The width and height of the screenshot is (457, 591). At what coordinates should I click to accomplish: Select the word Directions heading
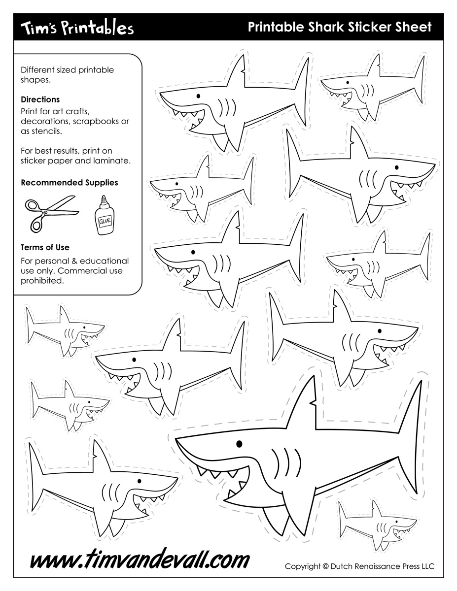[x=40, y=99]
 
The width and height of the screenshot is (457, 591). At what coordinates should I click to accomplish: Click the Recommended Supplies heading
[x=70, y=182]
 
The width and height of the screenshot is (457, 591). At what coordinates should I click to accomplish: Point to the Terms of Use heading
[x=45, y=247]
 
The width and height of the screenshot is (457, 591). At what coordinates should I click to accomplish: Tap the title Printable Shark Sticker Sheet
[x=339, y=27]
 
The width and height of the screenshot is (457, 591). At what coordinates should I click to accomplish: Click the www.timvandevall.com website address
[x=140, y=560]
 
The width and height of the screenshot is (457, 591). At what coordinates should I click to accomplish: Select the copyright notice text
[x=359, y=566]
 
